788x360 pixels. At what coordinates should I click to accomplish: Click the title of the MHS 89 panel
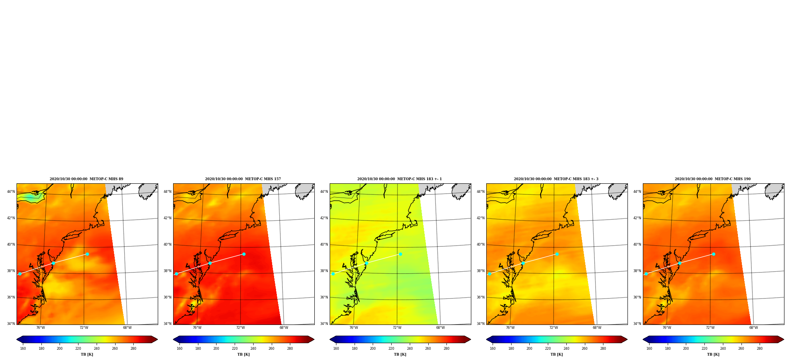click(86, 179)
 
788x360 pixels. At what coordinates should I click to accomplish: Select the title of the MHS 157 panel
click(243, 179)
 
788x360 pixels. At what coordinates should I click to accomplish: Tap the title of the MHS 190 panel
click(713, 179)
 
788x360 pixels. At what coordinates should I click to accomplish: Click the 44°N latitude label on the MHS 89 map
click(11, 192)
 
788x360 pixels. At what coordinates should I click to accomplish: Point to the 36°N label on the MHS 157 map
click(168, 297)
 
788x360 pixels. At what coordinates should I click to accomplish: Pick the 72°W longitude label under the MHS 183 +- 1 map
click(397, 328)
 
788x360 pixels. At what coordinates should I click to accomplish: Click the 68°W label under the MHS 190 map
click(754, 328)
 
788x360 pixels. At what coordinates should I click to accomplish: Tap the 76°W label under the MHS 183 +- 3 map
click(510, 328)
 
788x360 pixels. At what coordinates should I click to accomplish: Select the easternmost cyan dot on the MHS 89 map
click(87, 254)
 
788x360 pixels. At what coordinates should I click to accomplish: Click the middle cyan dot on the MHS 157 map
click(210, 263)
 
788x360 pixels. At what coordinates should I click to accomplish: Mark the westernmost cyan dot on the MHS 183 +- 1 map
click(333, 274)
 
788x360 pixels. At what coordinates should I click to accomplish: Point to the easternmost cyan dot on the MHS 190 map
click(713, 254)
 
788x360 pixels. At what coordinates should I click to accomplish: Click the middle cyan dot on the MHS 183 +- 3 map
click(523, 263)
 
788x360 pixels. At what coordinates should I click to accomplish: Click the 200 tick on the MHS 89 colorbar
click(60, 349)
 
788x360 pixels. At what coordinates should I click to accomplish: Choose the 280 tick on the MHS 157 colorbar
click(290, 349)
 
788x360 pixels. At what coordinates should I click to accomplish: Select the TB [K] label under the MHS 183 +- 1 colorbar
click(400, 354)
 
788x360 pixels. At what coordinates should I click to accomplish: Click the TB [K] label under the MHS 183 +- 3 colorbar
click(557, 354)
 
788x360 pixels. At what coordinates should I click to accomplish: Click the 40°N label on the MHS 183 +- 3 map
click(481, 244)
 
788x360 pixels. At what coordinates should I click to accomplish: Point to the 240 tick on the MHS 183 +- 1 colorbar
click(410, 349)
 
